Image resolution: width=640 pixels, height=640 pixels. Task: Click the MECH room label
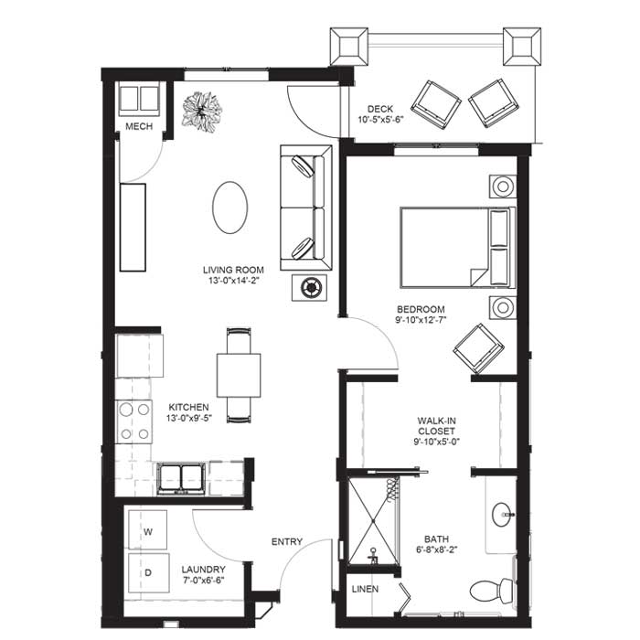(139, 126)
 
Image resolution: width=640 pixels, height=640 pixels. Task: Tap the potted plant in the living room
(202, 112)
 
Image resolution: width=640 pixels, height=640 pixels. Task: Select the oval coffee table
(229, 208)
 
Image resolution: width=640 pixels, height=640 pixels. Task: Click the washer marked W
(147, 529)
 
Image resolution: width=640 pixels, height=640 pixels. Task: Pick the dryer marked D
(148, 572)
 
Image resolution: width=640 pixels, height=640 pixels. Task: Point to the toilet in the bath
(492, 590)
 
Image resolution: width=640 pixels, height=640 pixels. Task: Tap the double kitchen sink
(181, 478)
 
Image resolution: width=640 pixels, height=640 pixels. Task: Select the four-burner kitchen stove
(134, 421)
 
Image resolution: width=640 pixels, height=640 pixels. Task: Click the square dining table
(239, 375)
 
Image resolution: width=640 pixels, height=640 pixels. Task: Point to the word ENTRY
(287, 541)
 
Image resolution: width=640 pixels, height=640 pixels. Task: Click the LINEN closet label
(365, 589)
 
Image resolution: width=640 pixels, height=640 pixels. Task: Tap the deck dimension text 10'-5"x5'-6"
(380, 120)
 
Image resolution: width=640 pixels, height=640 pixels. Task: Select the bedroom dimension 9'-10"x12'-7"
(421, 320)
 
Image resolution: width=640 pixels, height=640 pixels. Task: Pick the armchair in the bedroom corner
(479, 348)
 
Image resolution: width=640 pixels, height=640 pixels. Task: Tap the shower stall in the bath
(373, 520)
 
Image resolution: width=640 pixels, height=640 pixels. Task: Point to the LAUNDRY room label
(203, 570)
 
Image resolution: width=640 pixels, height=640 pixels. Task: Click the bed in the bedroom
(457, 248)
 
